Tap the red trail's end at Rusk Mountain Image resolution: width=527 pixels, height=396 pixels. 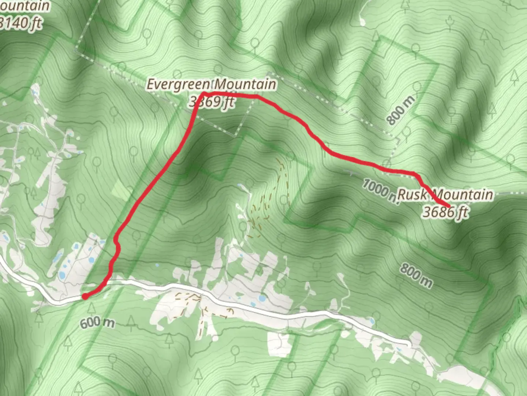click(x=448, y=206)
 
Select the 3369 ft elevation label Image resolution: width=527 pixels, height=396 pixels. click(x=212, y=102)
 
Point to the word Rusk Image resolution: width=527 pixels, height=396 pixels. click(x=412, y=194)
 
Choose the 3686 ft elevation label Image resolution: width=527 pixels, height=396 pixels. click(x=445, y=212)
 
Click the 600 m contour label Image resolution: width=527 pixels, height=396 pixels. click(x=97, y=323)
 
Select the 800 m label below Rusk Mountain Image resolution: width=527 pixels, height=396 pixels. click(x=416, y=275)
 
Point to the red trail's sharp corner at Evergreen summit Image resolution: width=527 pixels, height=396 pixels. click(x=202, y=93)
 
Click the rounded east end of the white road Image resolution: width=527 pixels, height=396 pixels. click(x=408, y=344)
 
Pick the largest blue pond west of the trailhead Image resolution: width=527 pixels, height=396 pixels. click(x=62, y=275)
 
